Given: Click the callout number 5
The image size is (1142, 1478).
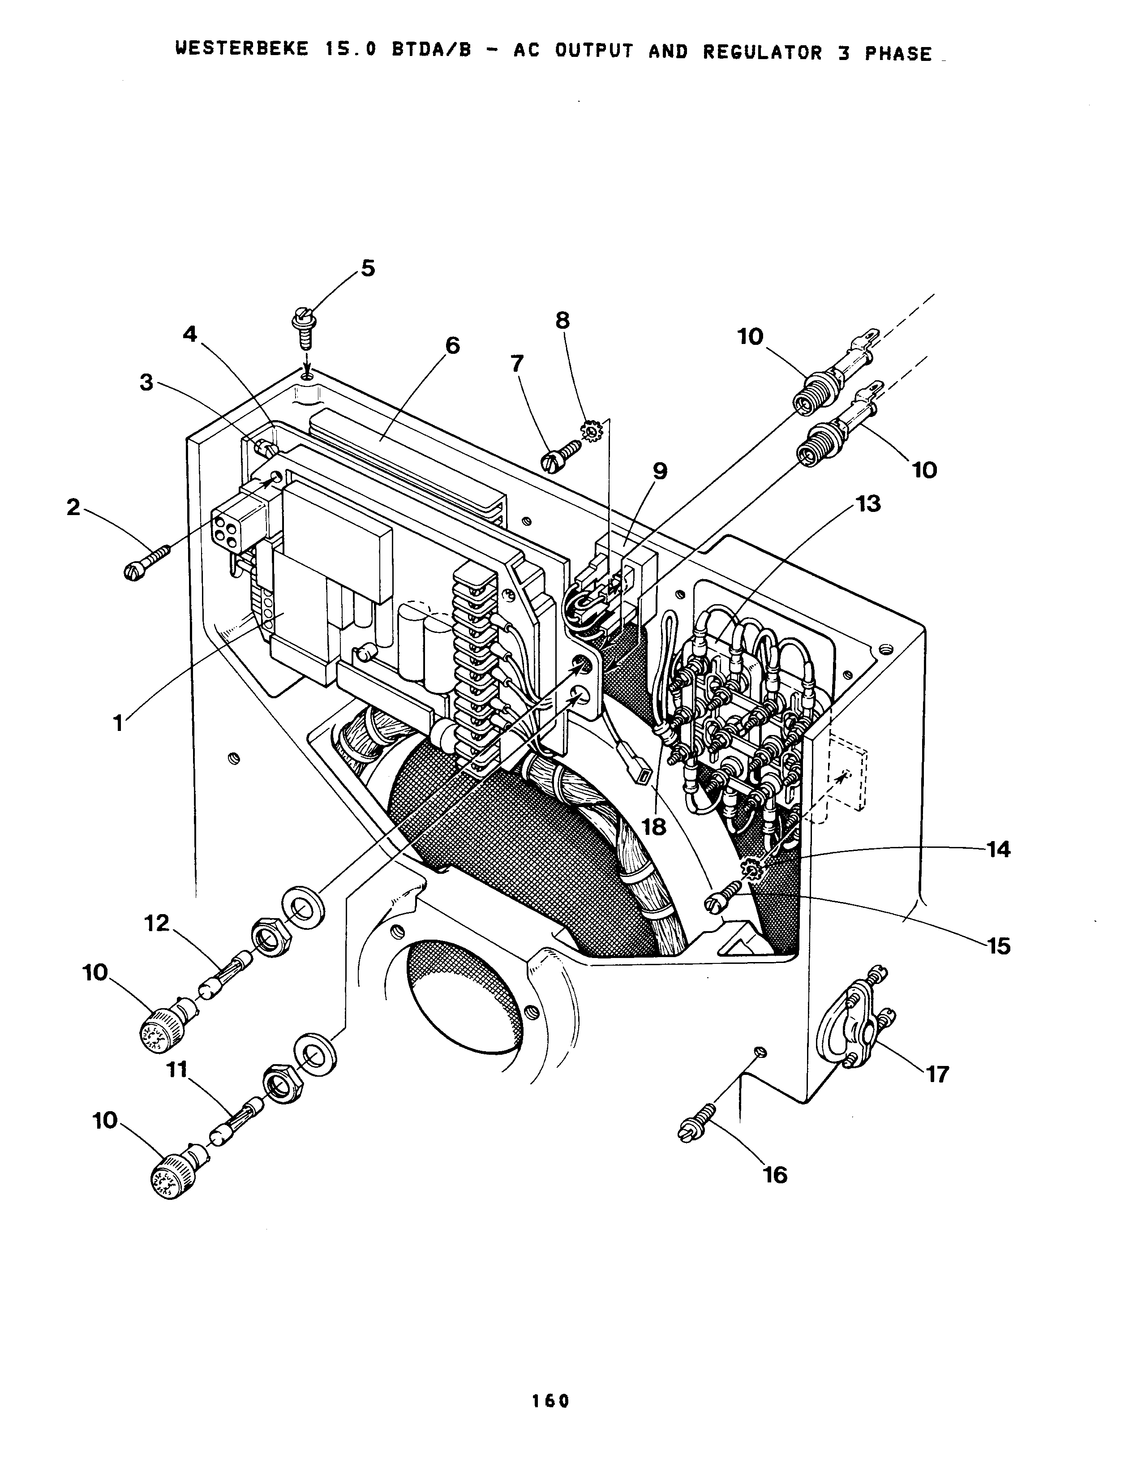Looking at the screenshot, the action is click(367, 269).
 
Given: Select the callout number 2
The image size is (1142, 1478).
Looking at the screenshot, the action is click(73, 507).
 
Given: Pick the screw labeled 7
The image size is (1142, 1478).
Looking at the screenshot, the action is click(561, 453).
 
